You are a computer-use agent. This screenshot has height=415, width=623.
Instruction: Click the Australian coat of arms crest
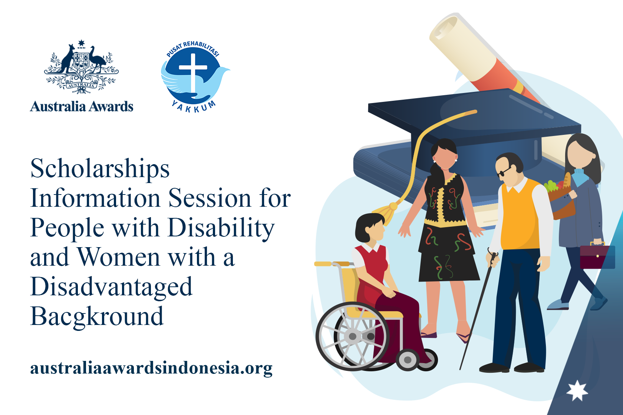tap(81, 67)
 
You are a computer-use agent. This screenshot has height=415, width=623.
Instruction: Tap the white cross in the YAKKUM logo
tap(193, 73)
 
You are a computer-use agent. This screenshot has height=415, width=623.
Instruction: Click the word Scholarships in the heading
tap(100, 169)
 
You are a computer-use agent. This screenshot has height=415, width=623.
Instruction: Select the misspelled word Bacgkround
tap(97, 316)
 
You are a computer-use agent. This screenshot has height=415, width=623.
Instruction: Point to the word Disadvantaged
tap(111, 287)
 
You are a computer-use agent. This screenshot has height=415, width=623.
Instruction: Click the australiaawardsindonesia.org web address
tap(151, 368)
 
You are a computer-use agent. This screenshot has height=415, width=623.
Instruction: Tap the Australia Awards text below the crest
tap(82, 106)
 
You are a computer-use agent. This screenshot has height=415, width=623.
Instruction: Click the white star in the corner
tap(577, 391)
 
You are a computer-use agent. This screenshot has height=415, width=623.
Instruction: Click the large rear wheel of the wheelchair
tap(352, 336)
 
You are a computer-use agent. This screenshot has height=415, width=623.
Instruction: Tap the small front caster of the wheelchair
tap(408, 360)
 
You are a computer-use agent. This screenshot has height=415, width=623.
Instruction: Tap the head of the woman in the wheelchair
tap(370, 228)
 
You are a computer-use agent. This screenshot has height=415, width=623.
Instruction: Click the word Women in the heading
tap(119, 258)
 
